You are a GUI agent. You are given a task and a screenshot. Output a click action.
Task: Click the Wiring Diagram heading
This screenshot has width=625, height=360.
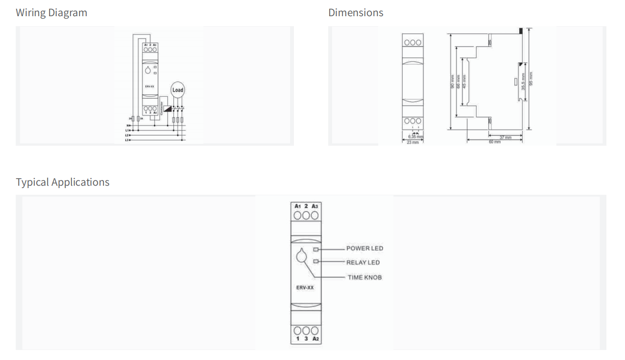51,13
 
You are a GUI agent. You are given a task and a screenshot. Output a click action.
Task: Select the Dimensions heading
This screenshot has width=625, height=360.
355,13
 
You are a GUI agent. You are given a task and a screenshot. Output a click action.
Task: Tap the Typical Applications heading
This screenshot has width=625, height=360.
62,182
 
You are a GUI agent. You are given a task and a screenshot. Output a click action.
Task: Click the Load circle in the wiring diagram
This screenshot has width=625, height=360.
177,90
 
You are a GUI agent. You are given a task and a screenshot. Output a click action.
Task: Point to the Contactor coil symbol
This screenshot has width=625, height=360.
167,109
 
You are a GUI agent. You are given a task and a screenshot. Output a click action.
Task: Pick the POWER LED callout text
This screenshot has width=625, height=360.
364,249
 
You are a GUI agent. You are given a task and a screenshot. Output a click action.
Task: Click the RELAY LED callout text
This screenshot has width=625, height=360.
363,262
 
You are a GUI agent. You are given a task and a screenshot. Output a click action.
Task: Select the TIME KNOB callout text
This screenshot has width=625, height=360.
364,277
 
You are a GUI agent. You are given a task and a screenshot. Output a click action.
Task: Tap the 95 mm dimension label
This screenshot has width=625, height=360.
532,79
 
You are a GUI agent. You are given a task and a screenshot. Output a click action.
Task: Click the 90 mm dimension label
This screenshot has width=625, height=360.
453,82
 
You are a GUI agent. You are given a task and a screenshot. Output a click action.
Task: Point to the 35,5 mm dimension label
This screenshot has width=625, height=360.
523,81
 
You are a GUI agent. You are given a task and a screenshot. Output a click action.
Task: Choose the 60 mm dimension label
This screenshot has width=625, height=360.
494,142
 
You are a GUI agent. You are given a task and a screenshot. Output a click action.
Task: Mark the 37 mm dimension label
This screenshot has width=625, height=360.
505,138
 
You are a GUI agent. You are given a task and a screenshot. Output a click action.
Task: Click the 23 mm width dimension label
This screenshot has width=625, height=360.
413,142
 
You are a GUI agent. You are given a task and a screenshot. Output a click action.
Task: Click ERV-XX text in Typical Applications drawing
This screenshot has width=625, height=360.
305,288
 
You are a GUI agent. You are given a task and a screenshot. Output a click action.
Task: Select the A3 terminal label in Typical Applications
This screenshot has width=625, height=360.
314,206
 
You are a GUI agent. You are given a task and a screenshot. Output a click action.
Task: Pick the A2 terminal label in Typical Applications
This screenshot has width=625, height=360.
314,339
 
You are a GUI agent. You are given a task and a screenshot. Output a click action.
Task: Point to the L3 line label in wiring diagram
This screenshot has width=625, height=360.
127,140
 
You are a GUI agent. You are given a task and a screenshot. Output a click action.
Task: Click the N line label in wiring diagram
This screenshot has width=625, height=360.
128,126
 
